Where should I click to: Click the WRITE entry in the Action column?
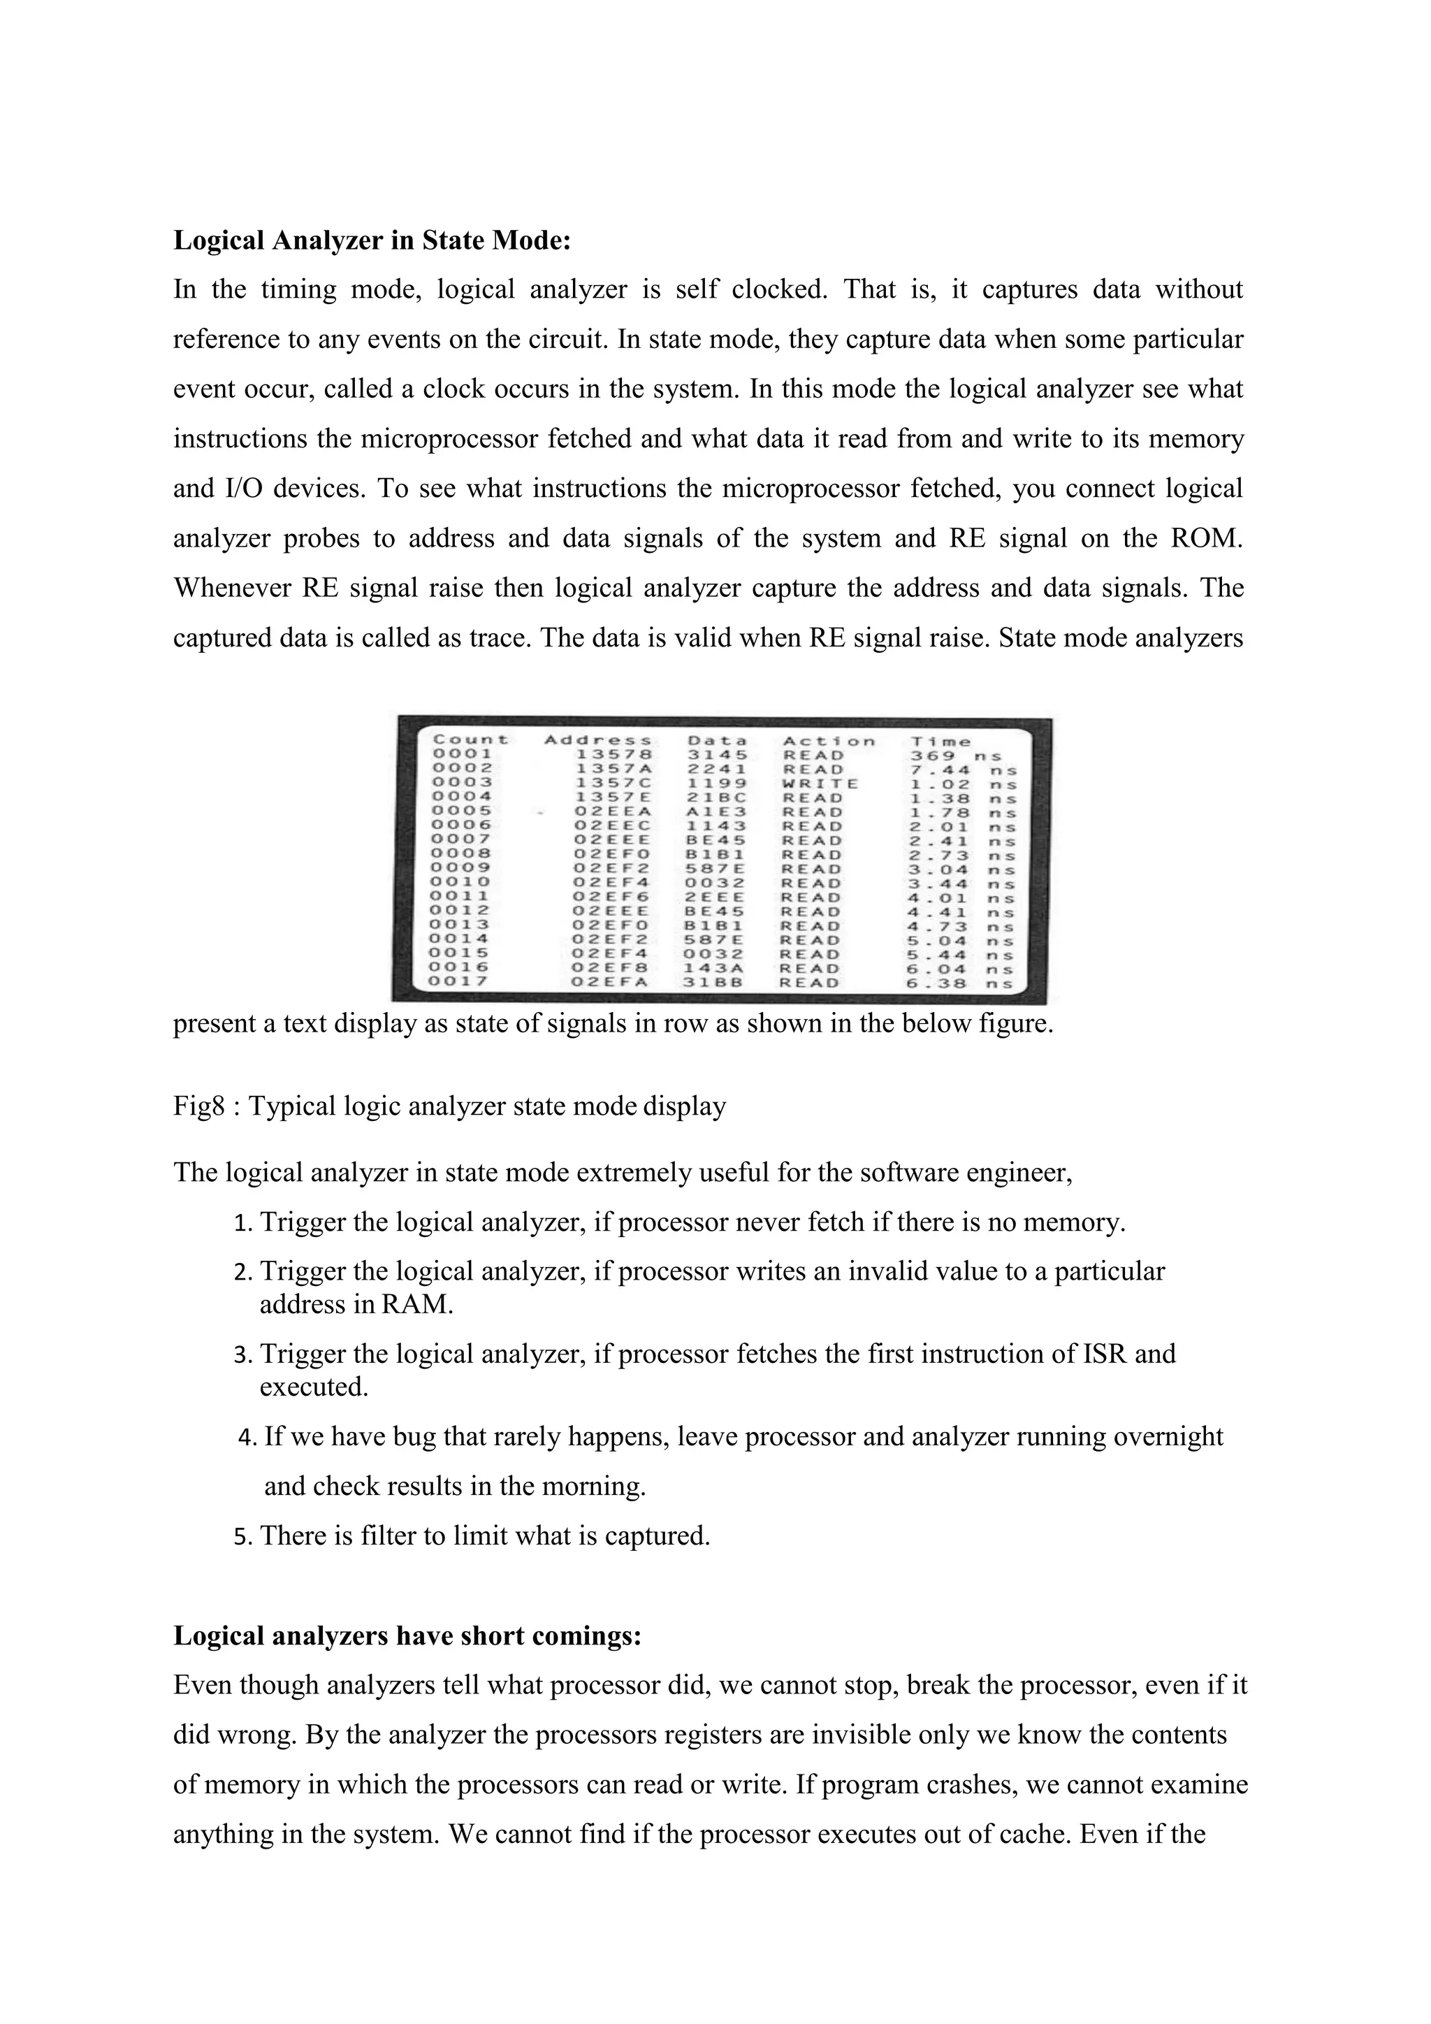click(820, 783)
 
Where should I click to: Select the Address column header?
click(598, 741)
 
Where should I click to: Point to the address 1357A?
click(613, 769)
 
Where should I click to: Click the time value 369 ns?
click(955, 756)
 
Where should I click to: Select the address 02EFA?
click(610, 982)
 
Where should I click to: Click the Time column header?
click(941, 742)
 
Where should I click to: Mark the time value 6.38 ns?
click(961, 983)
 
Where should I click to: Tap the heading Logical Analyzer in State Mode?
click(372, 240)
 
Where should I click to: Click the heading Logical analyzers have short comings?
click(407, 1635)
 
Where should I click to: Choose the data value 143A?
click(716, 968)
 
